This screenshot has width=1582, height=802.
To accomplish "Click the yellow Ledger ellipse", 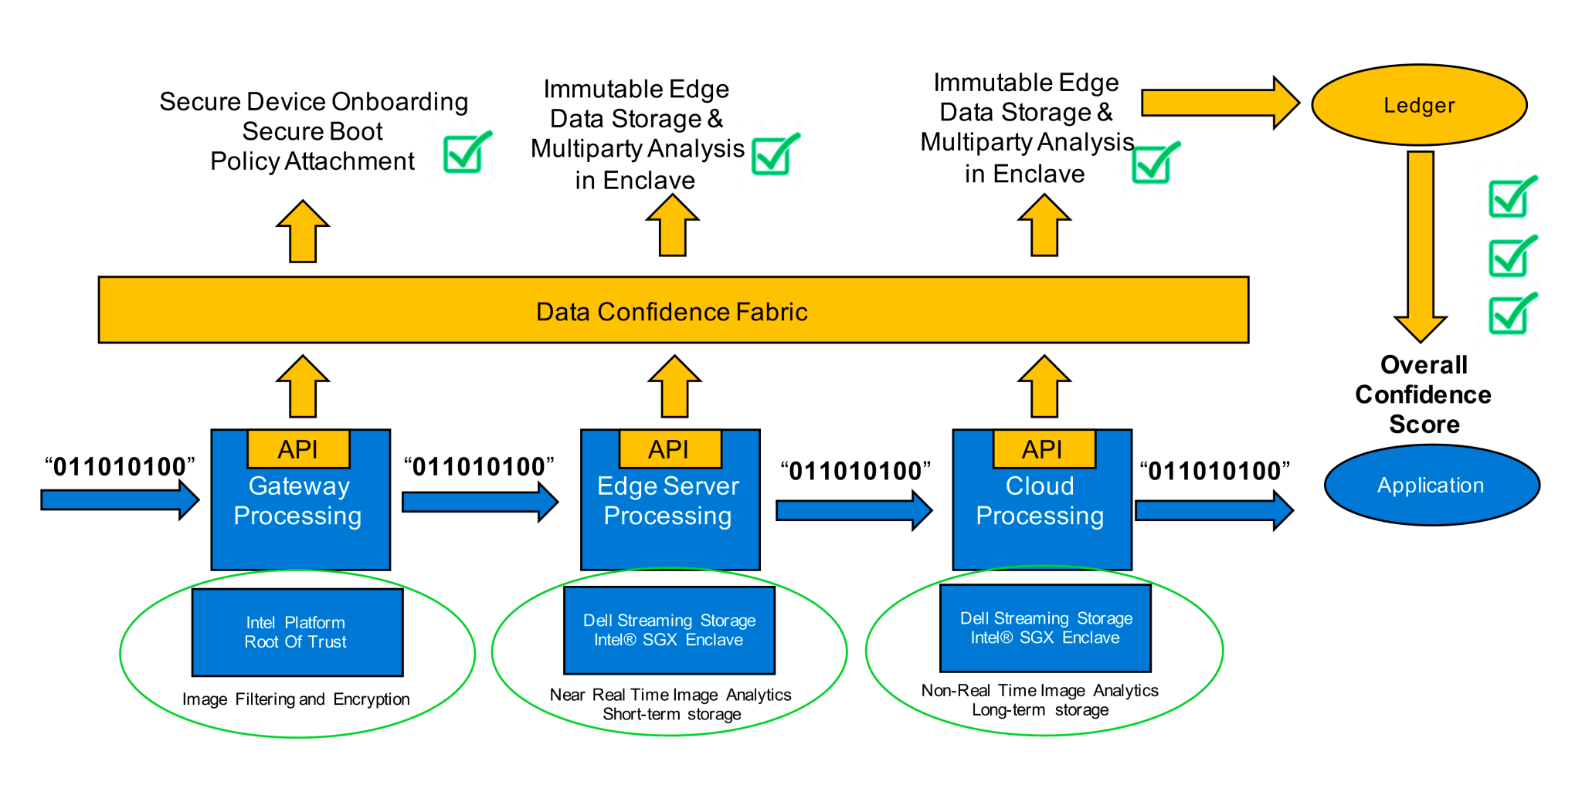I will pos(1419,105).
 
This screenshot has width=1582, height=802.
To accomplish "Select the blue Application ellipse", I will pos(1431,486).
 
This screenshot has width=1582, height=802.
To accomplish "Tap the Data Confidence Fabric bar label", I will pos(671,311).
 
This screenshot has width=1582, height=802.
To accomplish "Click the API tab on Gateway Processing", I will pos(298,449).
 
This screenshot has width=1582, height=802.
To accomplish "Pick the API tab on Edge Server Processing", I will pos(669,449).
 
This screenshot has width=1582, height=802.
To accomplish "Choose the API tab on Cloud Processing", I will pos(1043,449).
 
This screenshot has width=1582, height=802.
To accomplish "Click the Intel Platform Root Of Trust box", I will pos(297,632).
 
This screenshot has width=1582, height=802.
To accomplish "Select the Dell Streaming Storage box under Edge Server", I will pos(669,630).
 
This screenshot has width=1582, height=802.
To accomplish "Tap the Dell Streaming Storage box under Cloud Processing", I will pos(1045,628).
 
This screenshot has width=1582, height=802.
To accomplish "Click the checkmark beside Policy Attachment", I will pos(466,152).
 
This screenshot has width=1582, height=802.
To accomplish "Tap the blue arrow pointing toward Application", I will pos(1213,510).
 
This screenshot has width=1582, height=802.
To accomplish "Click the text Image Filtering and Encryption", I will pos(296,699).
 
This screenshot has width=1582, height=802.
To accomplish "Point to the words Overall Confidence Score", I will pos(1424,394).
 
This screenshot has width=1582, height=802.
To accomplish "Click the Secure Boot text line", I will pos(312,131).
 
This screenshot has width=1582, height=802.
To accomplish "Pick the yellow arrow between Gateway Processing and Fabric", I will pos(303,387).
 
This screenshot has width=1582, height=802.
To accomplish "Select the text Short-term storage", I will pos(671,715).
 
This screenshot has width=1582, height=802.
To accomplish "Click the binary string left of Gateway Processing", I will pos(120,466).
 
